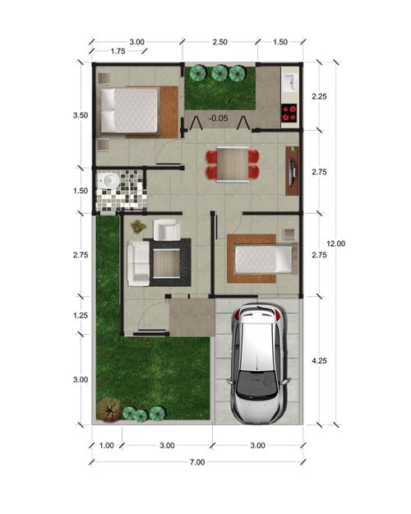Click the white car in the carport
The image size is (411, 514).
[260, 362]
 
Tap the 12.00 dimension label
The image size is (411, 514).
[335, 243]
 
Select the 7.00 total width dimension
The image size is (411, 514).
[196, 462]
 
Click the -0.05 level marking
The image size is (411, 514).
[218, 118]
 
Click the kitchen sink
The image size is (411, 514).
[290, 81]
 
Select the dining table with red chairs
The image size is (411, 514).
[232, 163]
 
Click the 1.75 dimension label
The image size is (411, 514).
[117, 52]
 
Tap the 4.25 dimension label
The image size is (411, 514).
[321, 359]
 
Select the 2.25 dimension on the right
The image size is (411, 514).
[320, 96]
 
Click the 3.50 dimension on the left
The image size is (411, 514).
[80, 116]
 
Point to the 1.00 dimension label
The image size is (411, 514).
[105, 446]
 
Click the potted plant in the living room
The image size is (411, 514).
[138, 225]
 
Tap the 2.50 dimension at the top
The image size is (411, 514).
[219, 42]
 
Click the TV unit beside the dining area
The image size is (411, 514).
[293, 170]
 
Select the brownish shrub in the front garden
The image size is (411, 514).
[108, 409]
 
